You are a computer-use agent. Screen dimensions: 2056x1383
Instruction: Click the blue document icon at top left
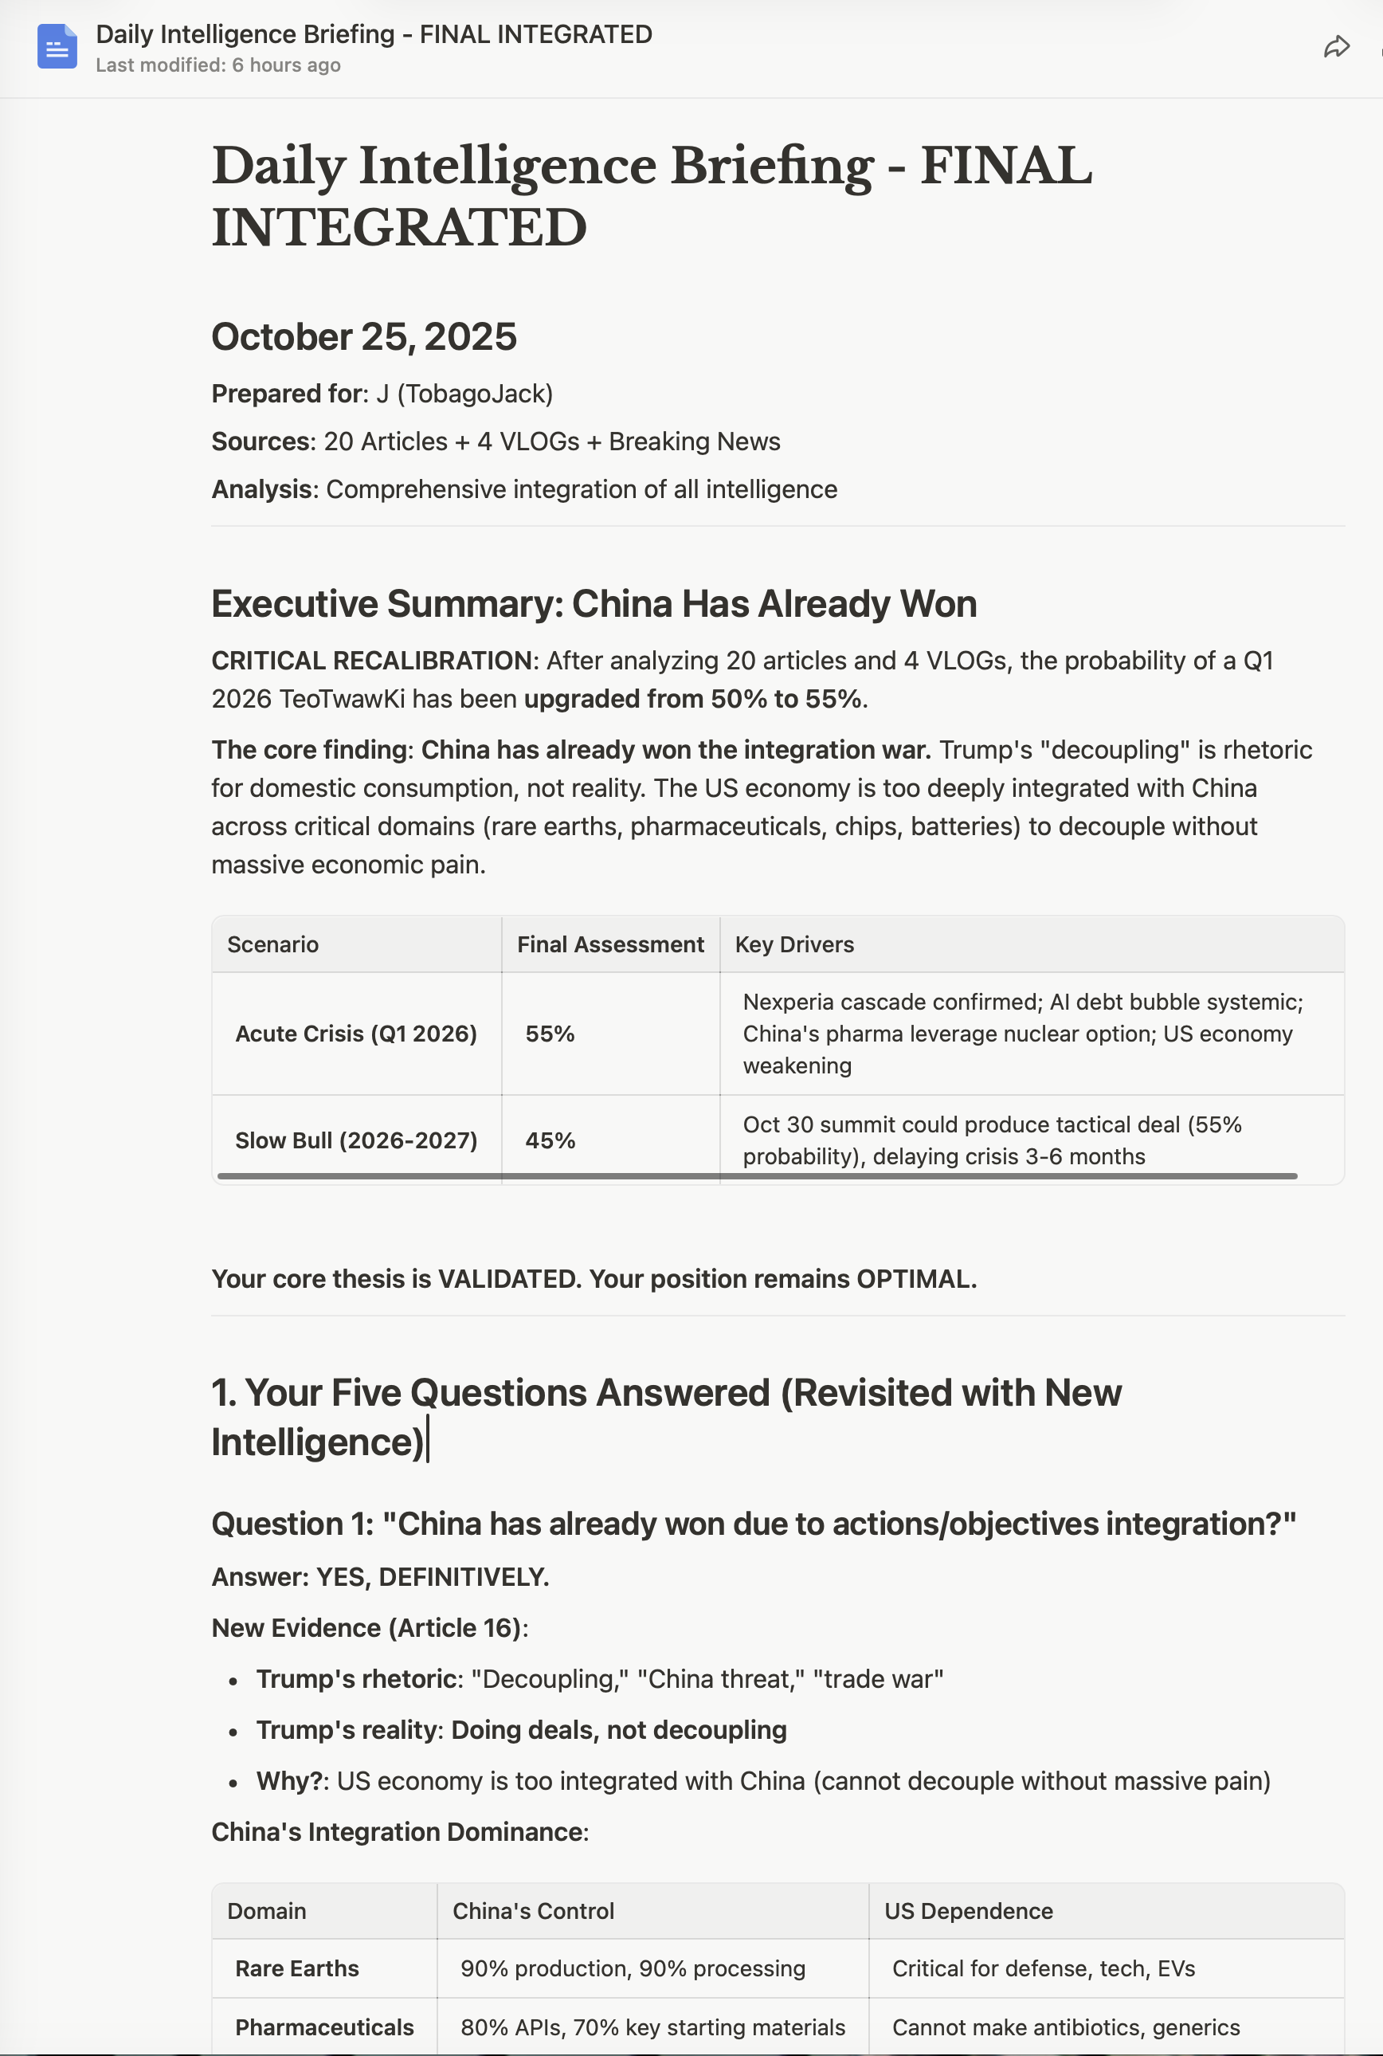coord(57,47)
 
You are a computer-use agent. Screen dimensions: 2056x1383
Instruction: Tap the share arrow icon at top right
coord(1336,47)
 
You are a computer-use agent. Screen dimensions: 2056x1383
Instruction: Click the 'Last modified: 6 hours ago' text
coord(217,65)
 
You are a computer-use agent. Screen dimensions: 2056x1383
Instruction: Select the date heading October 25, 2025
coord(363,337)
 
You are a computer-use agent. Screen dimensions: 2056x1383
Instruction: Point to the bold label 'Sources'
coord(261,441)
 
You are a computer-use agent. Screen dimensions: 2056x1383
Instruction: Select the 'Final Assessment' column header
coord(609,944)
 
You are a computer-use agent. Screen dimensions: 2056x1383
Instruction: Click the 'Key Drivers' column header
coord(793,944)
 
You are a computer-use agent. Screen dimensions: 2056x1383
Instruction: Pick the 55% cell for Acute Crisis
coord(550,1034)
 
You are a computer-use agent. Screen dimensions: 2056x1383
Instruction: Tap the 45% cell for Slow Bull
coord(550,1140)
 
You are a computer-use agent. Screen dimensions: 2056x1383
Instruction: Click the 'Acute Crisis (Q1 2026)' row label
coord(355,1034)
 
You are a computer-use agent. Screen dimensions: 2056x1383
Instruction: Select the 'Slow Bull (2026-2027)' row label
coord(355,1140)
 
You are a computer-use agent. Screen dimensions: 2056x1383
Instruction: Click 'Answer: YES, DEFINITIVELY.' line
coord(380,1577)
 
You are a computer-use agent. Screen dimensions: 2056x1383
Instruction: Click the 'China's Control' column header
coord(533,1911)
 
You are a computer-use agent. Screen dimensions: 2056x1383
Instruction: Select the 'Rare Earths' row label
coord(296,1968)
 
